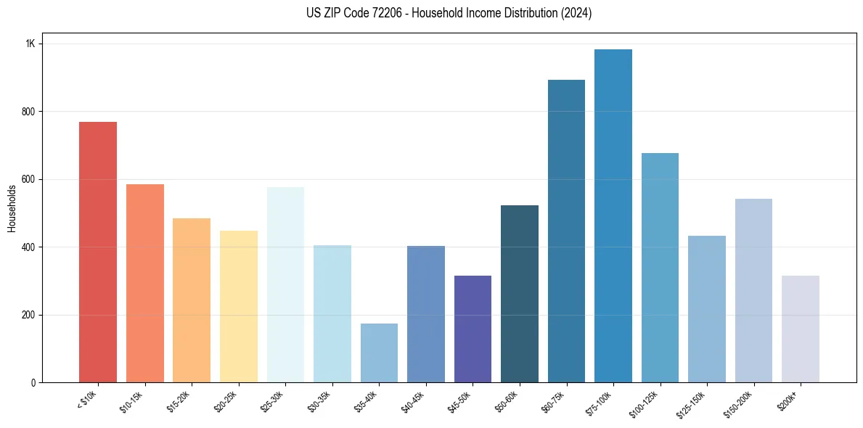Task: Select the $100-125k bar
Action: pyautogui.click(x=660, y=268)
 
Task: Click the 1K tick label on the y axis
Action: pyautogui.click(x=30, y=44)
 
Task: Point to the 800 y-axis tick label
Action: pyautogui.click(x=28, y=112)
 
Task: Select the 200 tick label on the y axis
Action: pyautogui.click(x=28, y=315)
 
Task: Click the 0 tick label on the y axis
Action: pyautogui.click(x=33, y=383)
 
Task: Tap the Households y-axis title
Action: pyautogui.click(x=12, y=208)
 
